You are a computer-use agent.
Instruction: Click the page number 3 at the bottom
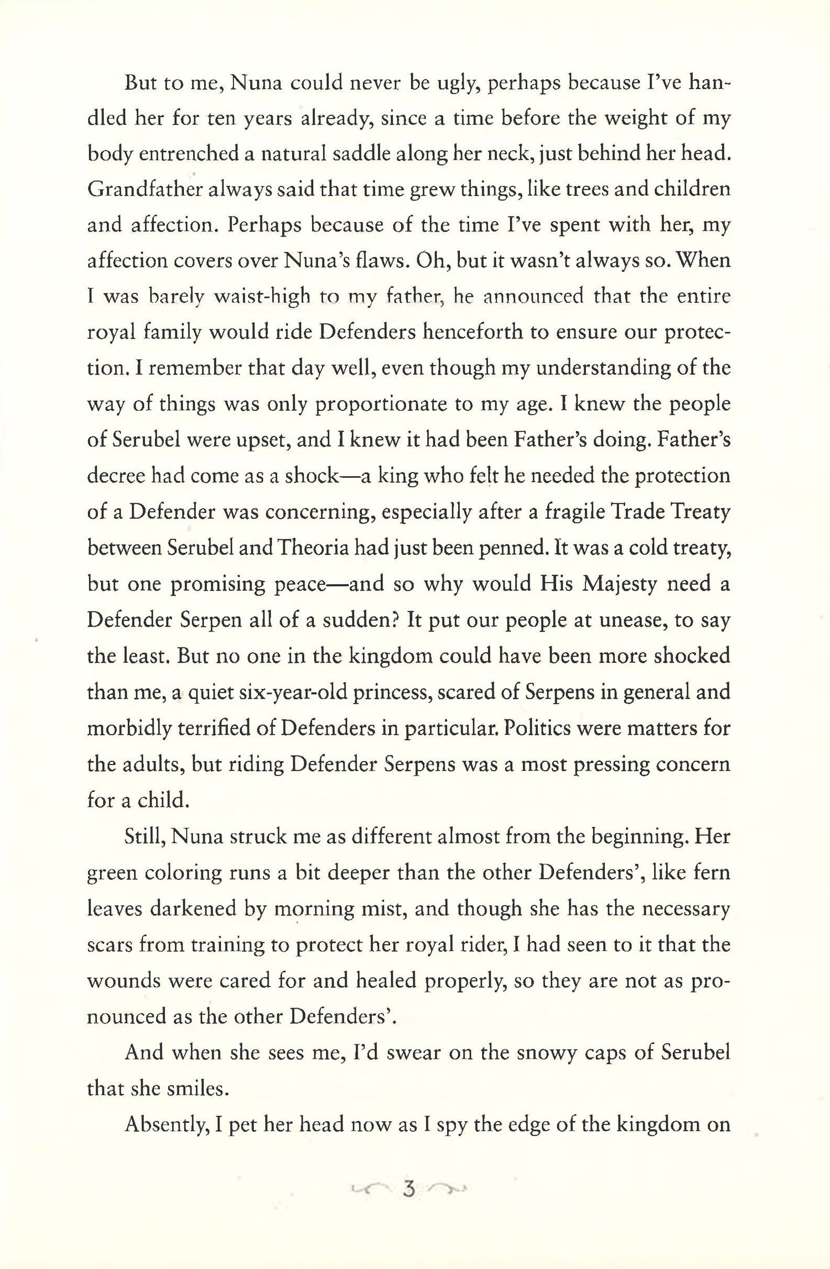pos(409,1189)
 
